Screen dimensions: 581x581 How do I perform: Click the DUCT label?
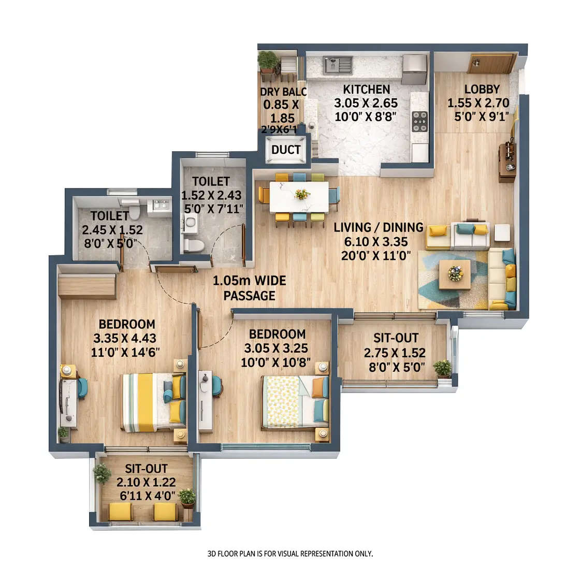tap(286, 150)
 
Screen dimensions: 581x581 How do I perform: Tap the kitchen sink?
tap(338, 65)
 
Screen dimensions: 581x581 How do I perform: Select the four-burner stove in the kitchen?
tap(419, 121)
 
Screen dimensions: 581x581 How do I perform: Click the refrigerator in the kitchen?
tap(414, 69)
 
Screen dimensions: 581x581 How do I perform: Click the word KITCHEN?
tap(366, 90)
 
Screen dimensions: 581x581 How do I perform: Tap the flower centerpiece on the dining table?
tap(301, 194)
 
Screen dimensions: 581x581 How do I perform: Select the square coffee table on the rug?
tap(455, 274)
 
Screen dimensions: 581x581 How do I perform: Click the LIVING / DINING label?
tap(378, 227)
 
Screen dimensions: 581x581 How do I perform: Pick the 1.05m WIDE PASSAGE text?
tap(249, 288)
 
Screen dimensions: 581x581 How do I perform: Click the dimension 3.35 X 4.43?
tap(125, 339)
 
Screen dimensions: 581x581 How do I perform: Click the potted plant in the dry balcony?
tap(268, 61)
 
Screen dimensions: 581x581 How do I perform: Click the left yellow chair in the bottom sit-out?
tap(120, 513)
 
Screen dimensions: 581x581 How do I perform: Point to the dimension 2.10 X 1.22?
tap(146, 483)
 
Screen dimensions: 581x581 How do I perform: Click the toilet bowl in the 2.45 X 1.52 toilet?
tap(134, 212)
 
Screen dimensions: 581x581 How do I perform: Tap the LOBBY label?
tap(482, 90)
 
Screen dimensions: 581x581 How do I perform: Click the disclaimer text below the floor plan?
tap(290, 554)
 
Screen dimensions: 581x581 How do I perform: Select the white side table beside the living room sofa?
tap(501, 233)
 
